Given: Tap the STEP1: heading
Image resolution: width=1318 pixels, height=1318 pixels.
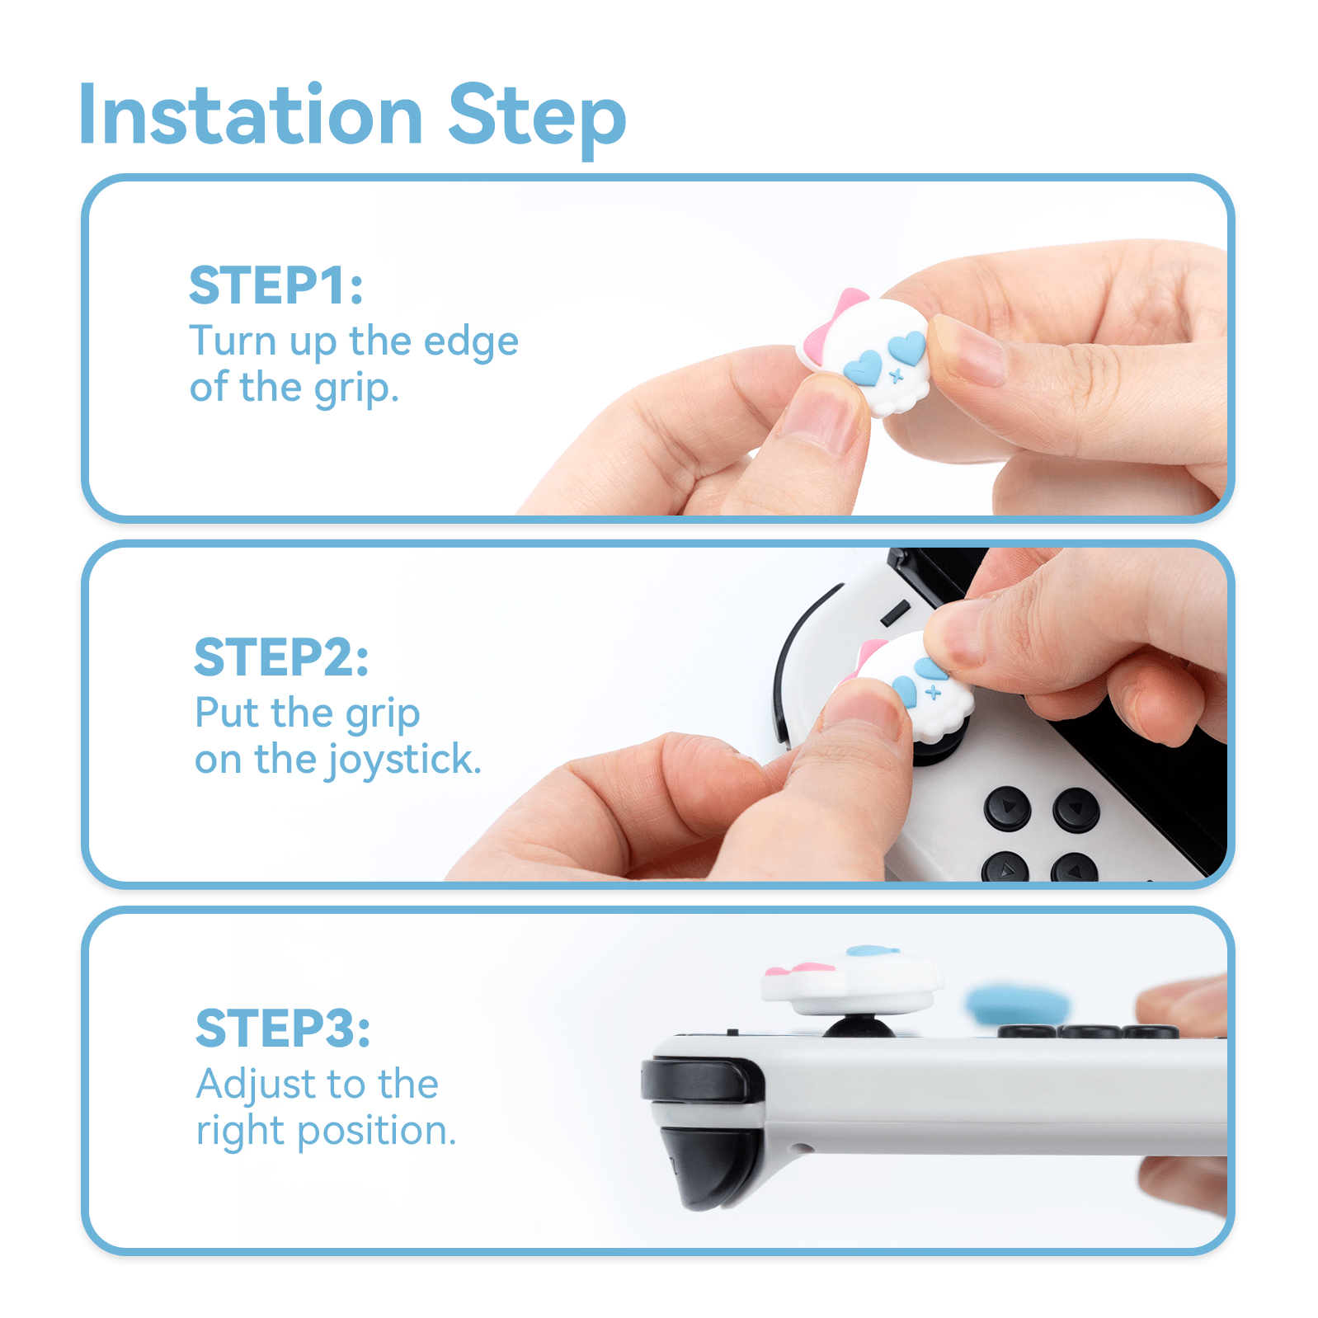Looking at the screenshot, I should click(x=275, y=285).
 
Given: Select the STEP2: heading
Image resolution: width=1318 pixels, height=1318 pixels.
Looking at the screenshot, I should click(x=280, y=657).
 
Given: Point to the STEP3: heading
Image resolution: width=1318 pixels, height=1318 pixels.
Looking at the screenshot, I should click(x=282, y=1028).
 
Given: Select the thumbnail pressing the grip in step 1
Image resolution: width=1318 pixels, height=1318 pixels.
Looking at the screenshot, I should click(x=821, y=417).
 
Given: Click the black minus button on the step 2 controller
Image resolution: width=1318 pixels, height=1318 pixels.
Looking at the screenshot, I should click(x=895, y=613).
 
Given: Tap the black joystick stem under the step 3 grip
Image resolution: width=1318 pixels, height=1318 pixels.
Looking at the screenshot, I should click(x=859, y=1027).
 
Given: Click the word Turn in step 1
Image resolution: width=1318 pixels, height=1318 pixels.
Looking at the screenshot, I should click(x=232, y=341).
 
